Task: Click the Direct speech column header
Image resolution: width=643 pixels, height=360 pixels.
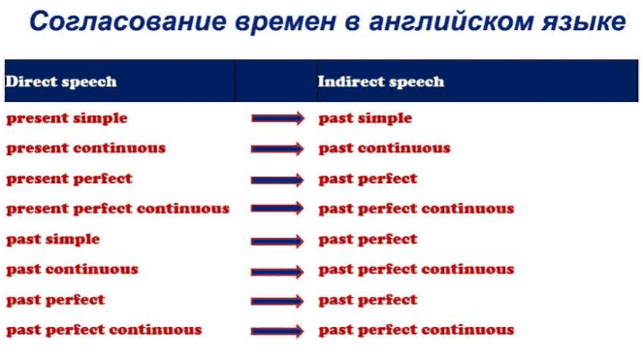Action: coord(61,82)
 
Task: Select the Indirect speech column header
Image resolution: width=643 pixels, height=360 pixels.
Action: coord(380,82)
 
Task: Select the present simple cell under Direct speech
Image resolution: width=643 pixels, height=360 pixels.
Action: coord(67,118)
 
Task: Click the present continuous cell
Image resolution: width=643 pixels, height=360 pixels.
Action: coord(86,148)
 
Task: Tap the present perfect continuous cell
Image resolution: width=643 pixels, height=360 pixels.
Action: coord(117,209)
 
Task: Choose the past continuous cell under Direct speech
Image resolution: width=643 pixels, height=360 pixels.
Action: coord(72,270)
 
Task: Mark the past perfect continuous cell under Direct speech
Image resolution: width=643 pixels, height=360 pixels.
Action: coord(104,330)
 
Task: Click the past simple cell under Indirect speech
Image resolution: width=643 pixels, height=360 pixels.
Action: coord(366,118)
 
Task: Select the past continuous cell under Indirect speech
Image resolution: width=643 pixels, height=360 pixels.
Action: coord(385,148)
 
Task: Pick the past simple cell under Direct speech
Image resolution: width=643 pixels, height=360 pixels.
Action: coord(53,240)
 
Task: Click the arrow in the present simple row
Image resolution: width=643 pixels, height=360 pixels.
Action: coord(277,118)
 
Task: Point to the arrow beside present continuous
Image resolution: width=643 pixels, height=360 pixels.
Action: coord(277,148)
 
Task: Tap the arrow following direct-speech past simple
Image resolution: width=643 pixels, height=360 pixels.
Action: coord(277,241)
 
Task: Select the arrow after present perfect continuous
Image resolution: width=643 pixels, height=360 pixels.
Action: coord(277,209)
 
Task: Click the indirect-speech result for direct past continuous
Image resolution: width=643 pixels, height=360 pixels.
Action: coord(416,270)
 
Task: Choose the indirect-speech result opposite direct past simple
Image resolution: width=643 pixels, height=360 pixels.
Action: coord(368,240)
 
